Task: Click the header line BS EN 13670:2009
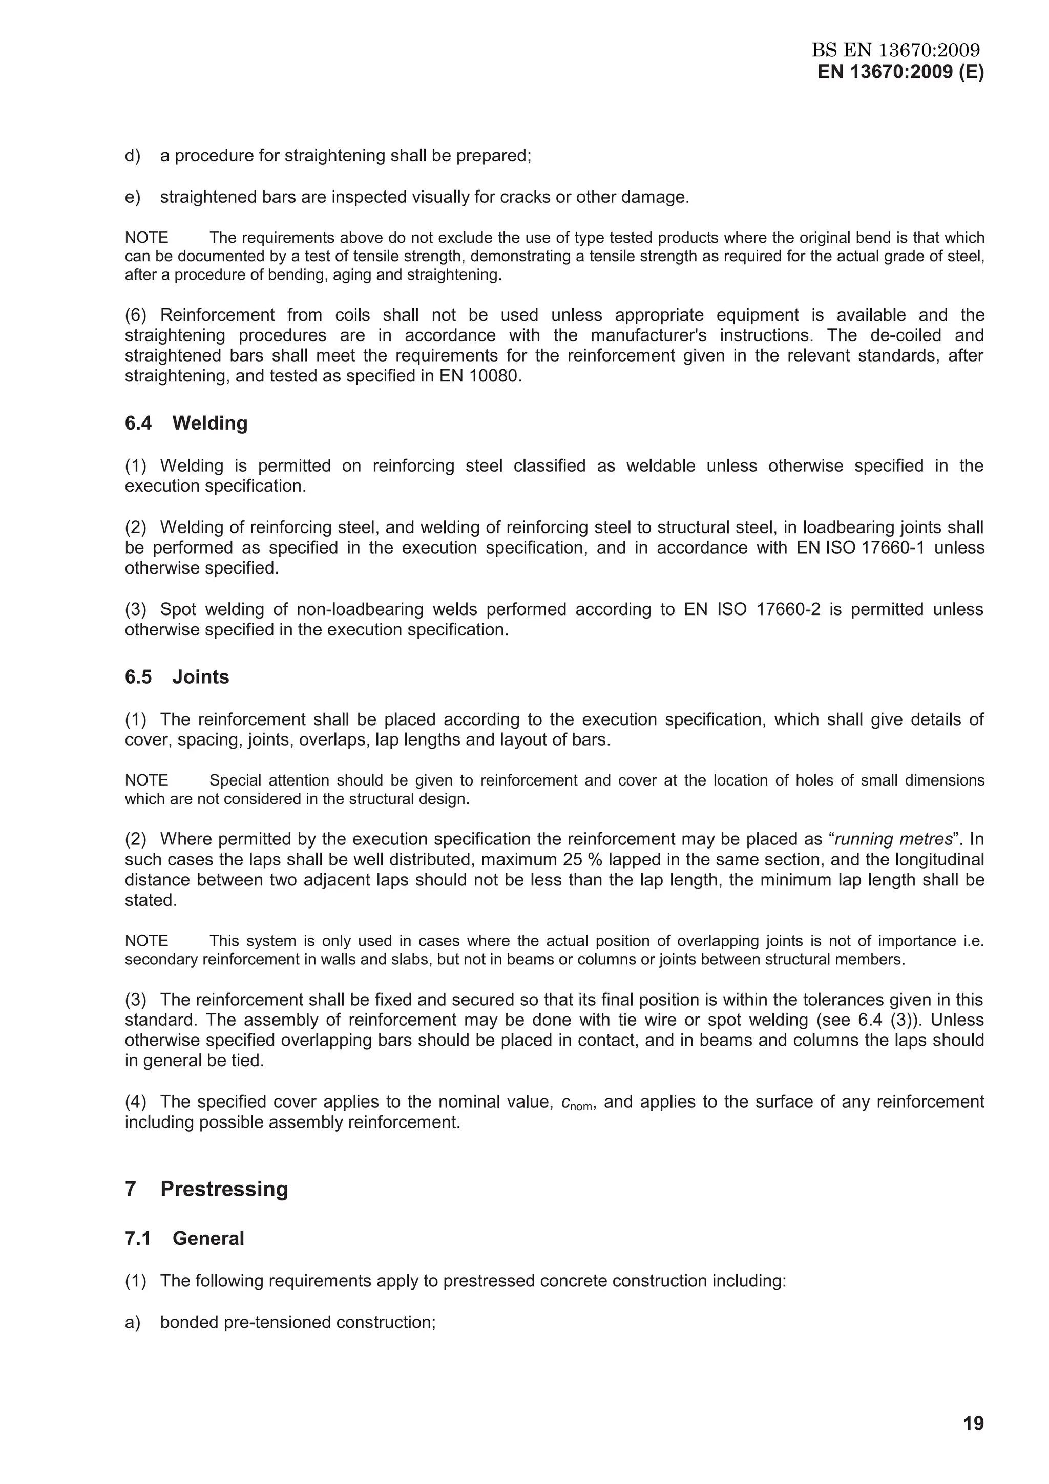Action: [x=895, y=50]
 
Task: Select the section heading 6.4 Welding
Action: [x=186, y=423]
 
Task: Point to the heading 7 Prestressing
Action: [x=206, y=1189]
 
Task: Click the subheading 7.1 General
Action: [x=184, y=1238]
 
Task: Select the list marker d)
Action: [x=133, y=156]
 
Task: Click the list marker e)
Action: [x=133, y=197]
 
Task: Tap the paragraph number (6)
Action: [x=136, y=315]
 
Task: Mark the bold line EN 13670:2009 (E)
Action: [x=900, y=72]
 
